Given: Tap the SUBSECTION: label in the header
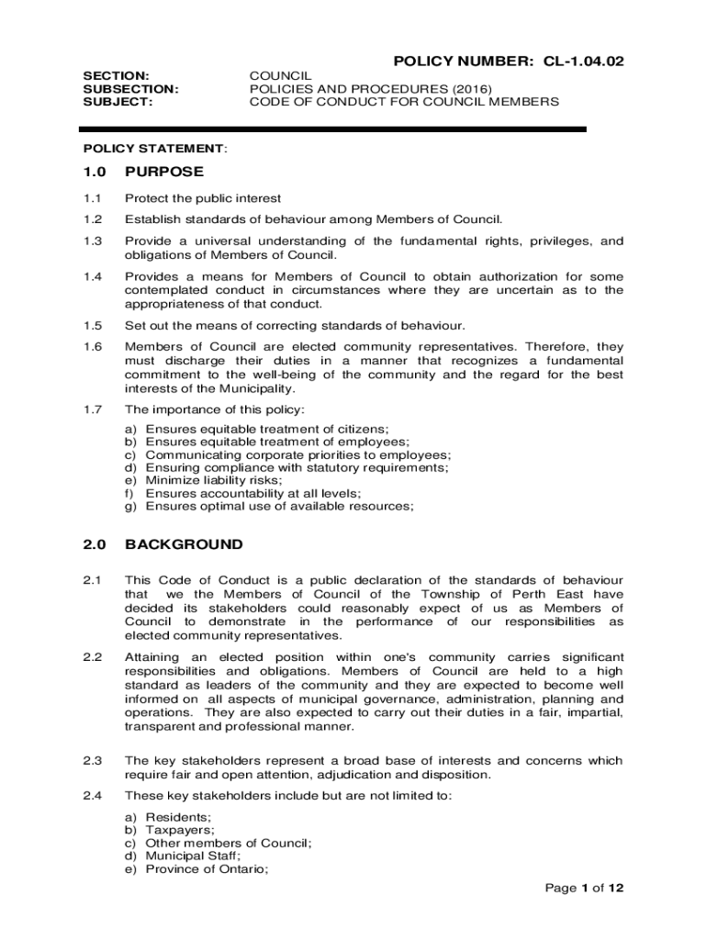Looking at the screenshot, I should point(131,89).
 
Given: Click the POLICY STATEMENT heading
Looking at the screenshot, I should point(154,148).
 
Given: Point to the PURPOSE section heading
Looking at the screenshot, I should point(164,172).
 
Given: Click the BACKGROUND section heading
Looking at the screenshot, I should point(184,544).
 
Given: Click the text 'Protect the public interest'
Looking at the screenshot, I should point(203,198).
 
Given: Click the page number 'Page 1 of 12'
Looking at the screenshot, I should point(584,888).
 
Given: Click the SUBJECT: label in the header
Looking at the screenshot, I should point(118,102).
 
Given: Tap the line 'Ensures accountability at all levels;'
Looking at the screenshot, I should point(248,493).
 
